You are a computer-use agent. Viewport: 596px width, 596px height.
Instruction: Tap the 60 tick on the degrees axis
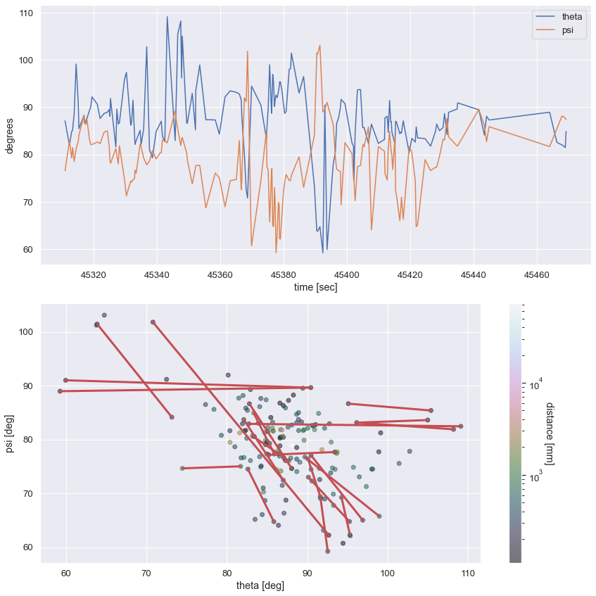click(x=29, y=250)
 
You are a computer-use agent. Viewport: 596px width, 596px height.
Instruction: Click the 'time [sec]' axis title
click(x=315, y=288)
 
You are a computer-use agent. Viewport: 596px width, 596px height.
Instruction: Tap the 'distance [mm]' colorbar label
click(x=550, y=433)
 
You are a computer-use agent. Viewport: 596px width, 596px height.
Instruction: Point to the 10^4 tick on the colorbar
click(x=535, y=386)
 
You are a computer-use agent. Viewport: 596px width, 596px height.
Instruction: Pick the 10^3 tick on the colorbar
click(x=535, y=478)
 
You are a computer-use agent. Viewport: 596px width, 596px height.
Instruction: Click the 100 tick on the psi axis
click(x=26, y=332)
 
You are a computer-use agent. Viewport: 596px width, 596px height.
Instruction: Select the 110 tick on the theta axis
click(x=468, y=572)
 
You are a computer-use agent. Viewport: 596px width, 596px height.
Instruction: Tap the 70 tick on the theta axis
click(x=146, y=572)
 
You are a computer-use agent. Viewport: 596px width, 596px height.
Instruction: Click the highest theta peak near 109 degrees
click(x=167, y=17)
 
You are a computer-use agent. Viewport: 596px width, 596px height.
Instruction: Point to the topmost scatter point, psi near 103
click(x=104, y=315)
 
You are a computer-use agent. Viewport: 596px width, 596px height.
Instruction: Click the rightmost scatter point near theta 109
click(x=461, y=426)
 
